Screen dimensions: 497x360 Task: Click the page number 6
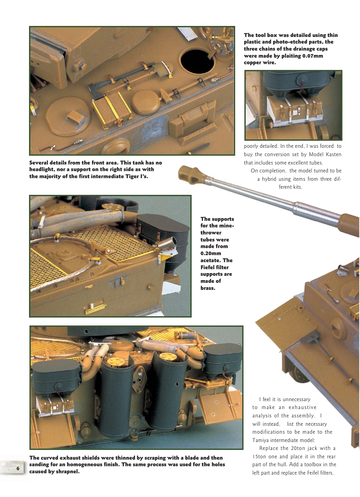(x=18, y=468)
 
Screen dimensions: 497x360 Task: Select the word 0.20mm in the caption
(x=211, y=254)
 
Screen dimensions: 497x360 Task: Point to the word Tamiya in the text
(x=262, y=440)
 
